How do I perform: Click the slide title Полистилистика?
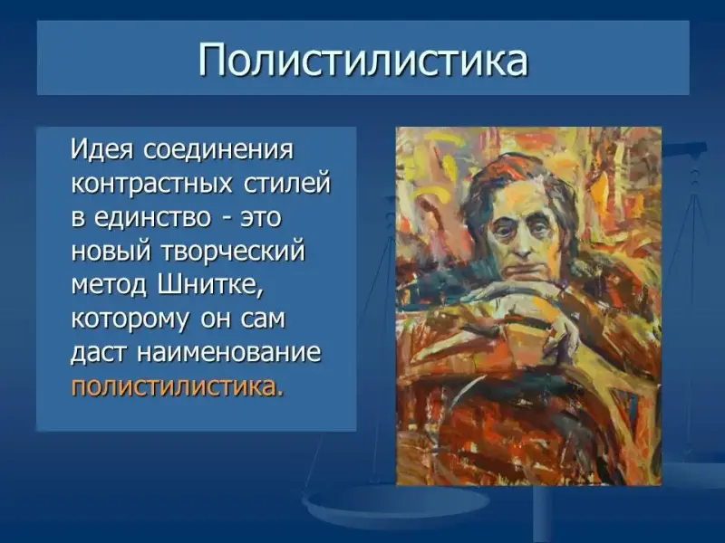[x=363, y=59]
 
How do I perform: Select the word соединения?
[x=218, y=150]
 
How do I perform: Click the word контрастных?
[x=151, y=184]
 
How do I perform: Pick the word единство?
[x=152, y=217]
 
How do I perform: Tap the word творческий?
[x=233, y=252]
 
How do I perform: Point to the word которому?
[x=130, y=319]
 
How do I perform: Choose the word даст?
[x=100, y=353]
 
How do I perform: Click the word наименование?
[x=229, y=353]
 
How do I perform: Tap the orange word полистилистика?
[x=176, y=387]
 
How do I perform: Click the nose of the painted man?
[x=522, y=244]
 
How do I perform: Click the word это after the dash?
[x=260, y=217]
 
